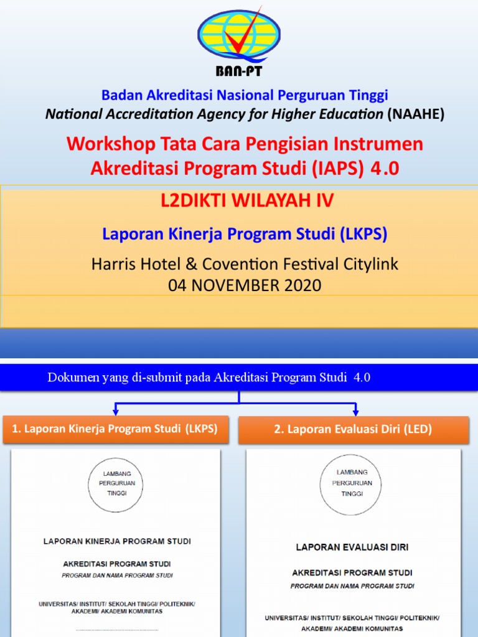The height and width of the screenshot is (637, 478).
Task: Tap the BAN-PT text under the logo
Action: [239, 71]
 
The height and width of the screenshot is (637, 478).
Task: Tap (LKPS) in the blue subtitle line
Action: [363, 234]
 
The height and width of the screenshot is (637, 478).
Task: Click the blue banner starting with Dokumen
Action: [239, 378]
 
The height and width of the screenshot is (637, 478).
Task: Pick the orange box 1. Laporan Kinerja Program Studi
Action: [115, 430]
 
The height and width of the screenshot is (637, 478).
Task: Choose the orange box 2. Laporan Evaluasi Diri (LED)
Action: [353, 430]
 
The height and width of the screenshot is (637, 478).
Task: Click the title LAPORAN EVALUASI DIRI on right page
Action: [352, 547]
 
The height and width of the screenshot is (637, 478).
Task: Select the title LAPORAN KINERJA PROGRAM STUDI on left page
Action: [117, 541]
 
